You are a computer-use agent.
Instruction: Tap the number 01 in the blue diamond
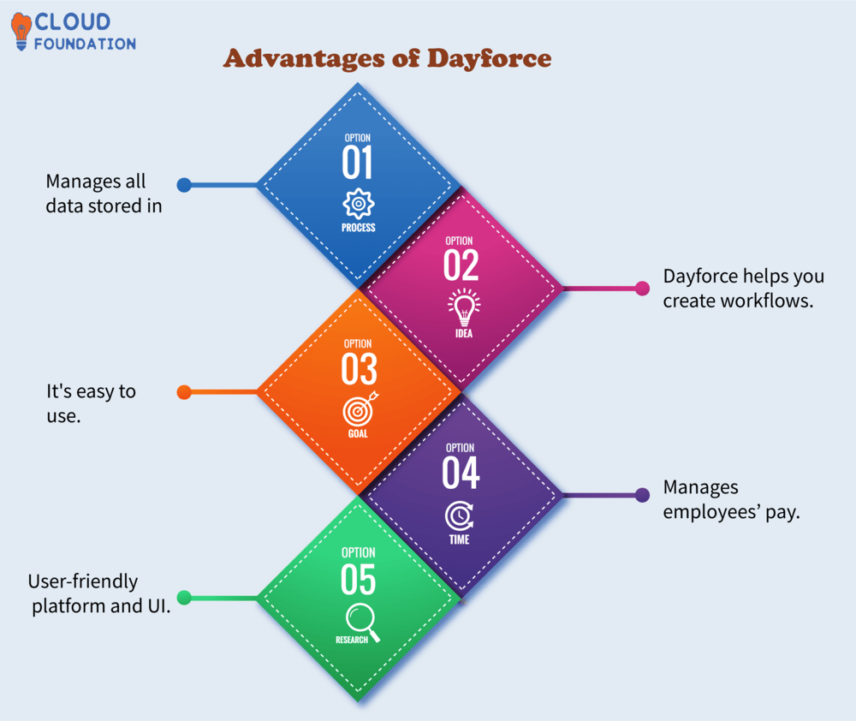tap(359, 162)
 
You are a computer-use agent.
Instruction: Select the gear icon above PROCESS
tap(359, 204)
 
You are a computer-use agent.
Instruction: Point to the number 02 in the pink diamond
tap(461, 265)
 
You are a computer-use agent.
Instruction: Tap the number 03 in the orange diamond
tap(359, 369)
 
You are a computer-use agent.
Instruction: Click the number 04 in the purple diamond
tap(461, 474)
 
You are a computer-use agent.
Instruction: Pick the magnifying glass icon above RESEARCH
tap(360, 619)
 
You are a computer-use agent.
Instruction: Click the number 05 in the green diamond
tap(358, 580)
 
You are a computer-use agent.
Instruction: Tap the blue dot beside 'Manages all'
tap(183, 185)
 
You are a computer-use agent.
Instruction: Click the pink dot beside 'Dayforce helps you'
tap(643, 289)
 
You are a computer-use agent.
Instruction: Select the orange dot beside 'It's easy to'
tap(183, 392)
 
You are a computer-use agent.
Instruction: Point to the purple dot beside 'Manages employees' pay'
tap(643, 495)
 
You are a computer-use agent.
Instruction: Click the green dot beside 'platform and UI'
tap(183, 598)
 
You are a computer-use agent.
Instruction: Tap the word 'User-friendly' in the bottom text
tap(82, 581)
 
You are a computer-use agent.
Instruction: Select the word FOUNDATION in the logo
tap(85, 44)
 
